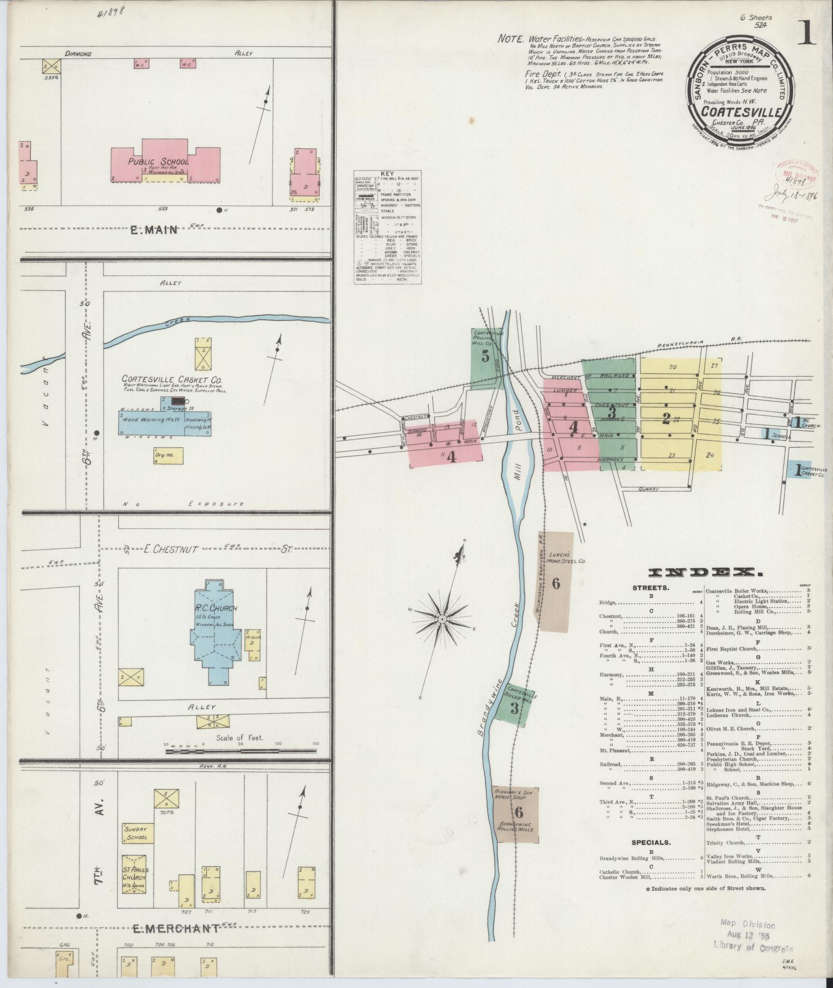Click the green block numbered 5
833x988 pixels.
tap(485, 356)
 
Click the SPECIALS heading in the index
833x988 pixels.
tap(651, 842)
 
